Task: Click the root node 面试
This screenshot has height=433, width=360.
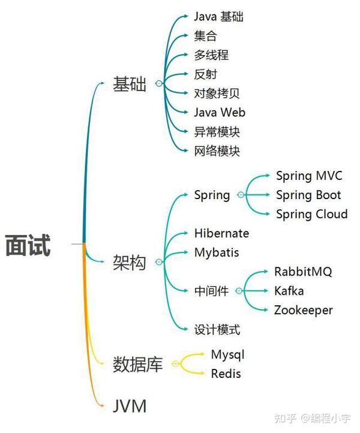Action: pyautogui.click(x=28, y=245)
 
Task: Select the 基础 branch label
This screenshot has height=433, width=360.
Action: pyautogui.click(x=130, y=84)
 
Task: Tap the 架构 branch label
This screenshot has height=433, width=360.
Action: pyautogui.click(x=130, y=262)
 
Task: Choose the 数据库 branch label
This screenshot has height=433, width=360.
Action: pyautogui.click(x=137, y=364)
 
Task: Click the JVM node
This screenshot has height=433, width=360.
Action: pyautogui.click(x=130, y=406)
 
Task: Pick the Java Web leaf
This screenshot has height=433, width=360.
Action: pyautogui.click(x=220, y=112)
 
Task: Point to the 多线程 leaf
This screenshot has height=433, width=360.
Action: pyautogui.click(x=211, y=55)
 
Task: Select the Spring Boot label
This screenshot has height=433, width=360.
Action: pyautogui.click(x=308, y=196)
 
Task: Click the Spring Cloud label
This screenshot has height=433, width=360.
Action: pyautogui.click(x=312, y=214)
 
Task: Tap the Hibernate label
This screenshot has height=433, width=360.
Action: pyautogui.click(x=221, y=233)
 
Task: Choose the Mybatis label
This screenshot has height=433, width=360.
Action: pyautogui.click(x=217, y=252)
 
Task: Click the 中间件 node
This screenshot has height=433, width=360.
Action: pyautogui.click(x=211, y=291)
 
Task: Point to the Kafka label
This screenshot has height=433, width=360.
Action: pyautogui.click(x=289, y=291)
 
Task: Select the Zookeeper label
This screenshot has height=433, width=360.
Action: pyautogui.click(x=304, y=311)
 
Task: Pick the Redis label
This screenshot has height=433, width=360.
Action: pyautogui.click(x=226, y=374)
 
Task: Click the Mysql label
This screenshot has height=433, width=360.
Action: pyautogui.click(x=227, y=355)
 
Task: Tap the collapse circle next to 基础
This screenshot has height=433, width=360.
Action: pyautogui.click(x=159, y=83)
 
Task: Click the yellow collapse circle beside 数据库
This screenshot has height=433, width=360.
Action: pyautogui.click(x=175, y=363)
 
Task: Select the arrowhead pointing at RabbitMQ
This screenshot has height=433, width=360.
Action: pyautogui.click(x=266, y=272)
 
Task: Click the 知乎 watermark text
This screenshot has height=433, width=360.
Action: pyautogui.click(x=285, y=419)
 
